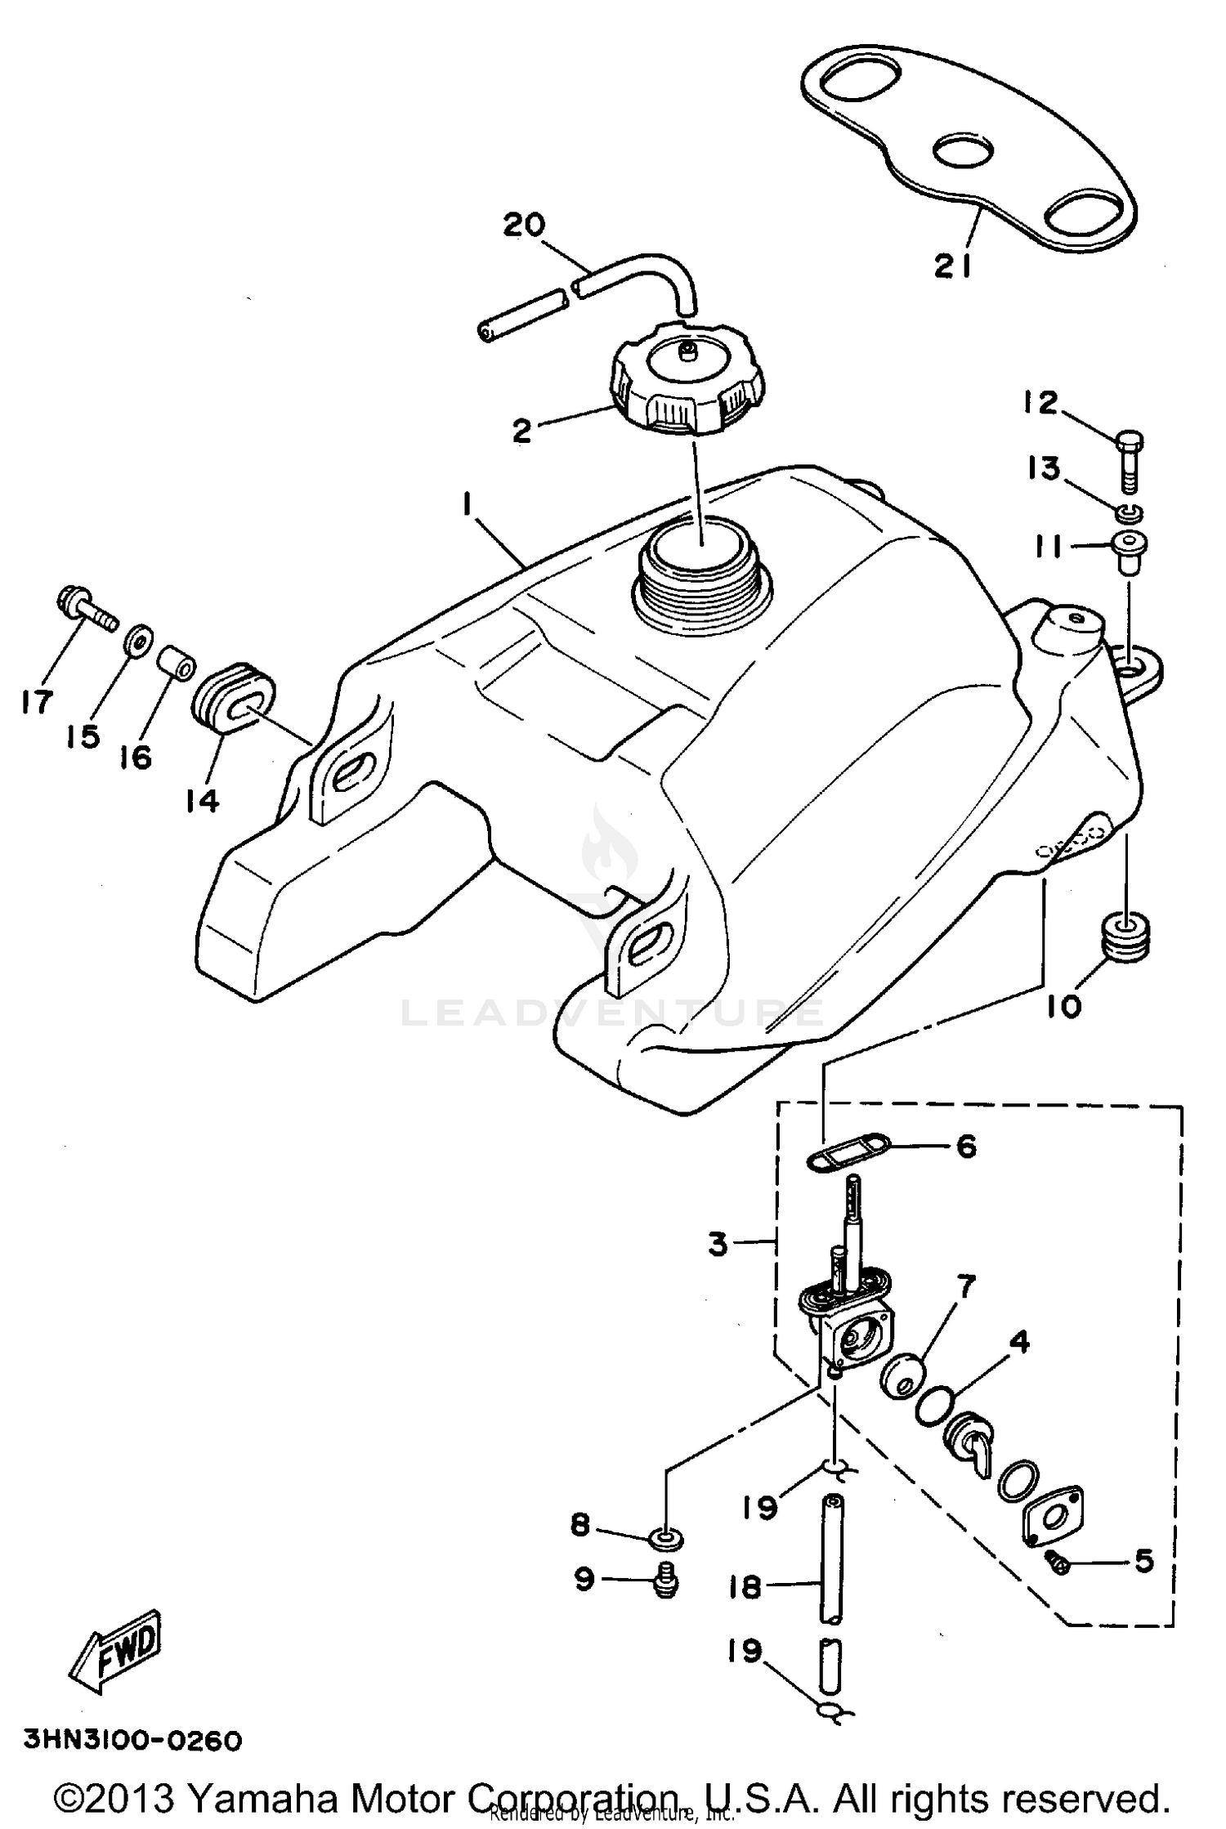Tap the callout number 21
click(952, 266)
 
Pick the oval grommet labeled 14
click(233, 695)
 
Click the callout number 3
click(718, 1245)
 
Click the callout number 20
click(524, 224)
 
